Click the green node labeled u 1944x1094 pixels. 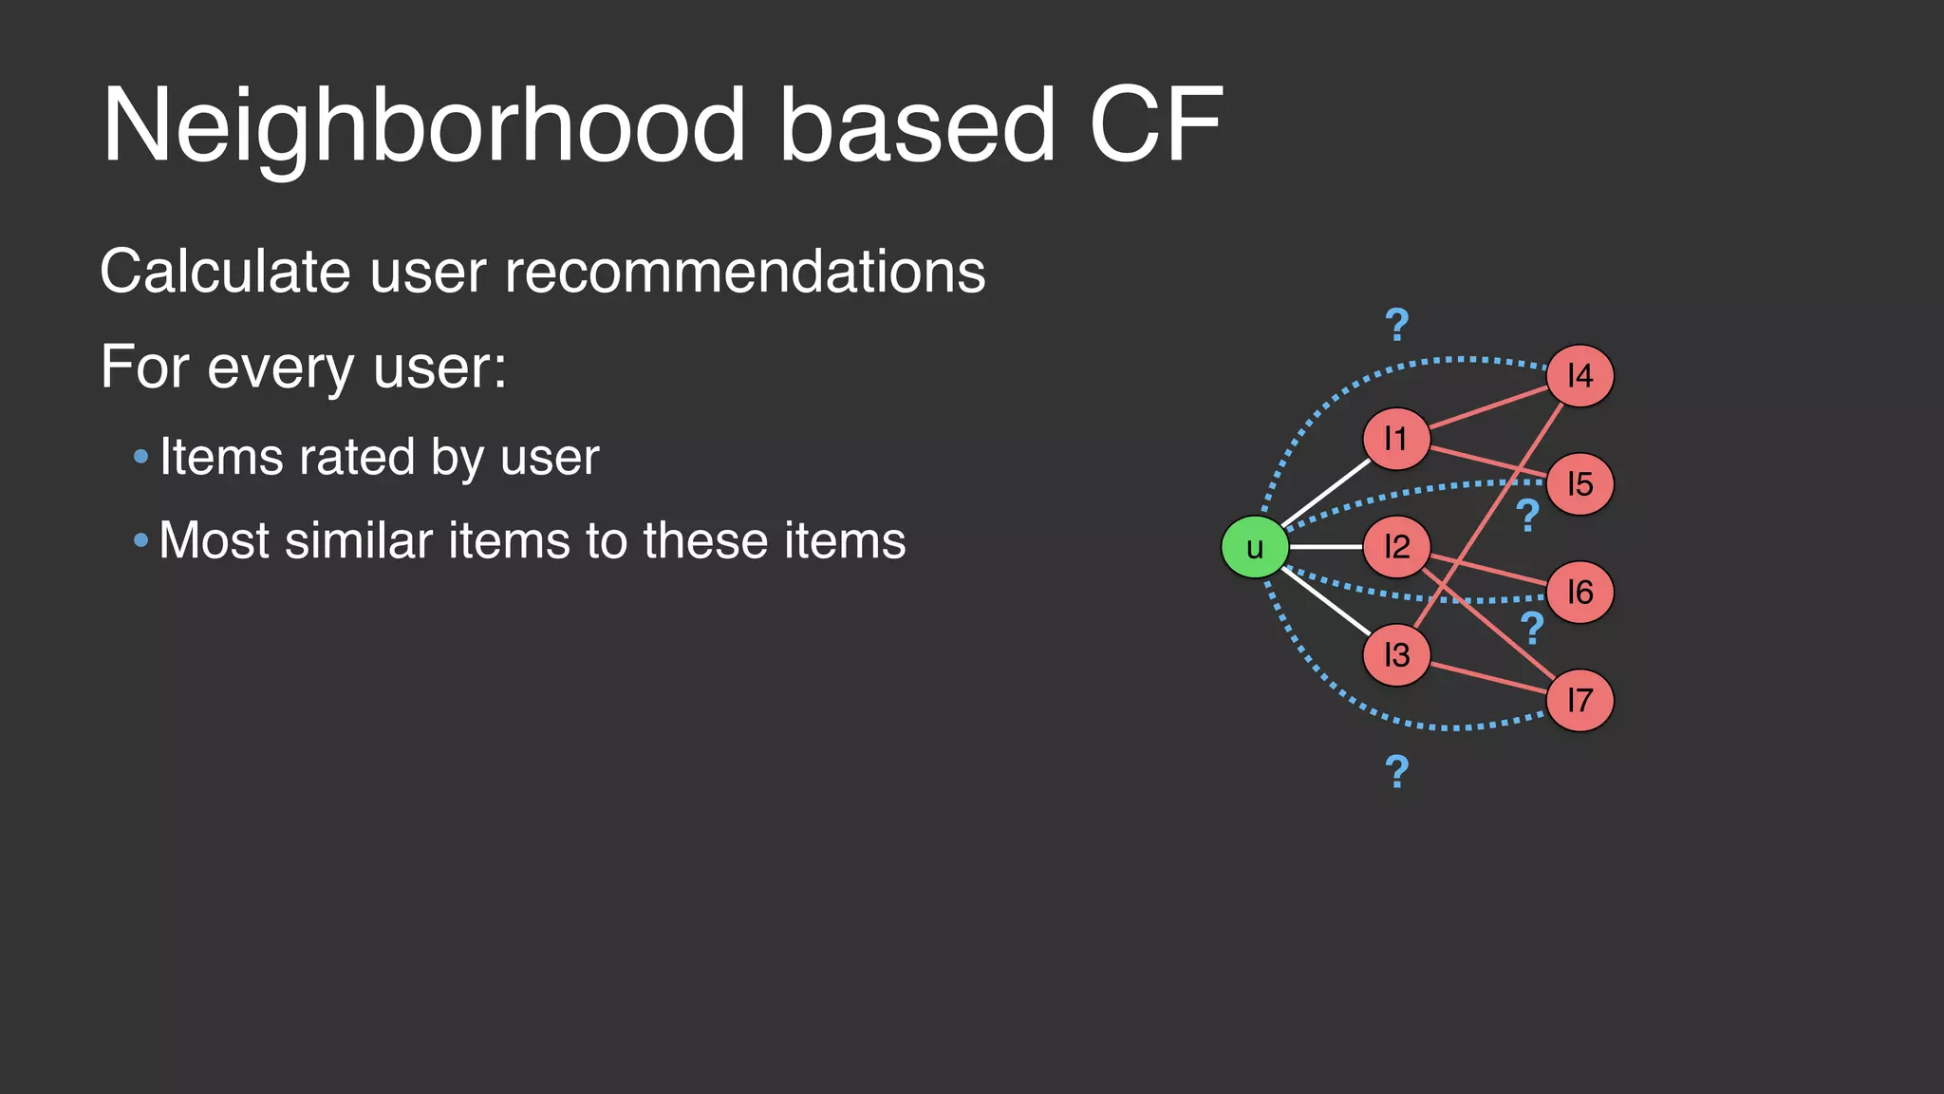tap(1254, 547)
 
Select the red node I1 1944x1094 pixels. tap(1395, 439)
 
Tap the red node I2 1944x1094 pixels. tap(1395, 547)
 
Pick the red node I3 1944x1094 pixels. tap(1395, 655)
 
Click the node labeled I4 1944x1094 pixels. tap(1579, 376)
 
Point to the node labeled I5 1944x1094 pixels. tap(1579, 484)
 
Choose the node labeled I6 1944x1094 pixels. tap(1579, 593)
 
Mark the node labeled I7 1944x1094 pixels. tap(1579, 701)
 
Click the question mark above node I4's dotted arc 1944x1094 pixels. tap(1397, 326)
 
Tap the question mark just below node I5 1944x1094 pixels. tap(1527, 516)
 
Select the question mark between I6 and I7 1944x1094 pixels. tap(1532, 629)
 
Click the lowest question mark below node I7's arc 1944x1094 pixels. tap(1396, 772)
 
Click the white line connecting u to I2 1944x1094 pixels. tap(1326, 547)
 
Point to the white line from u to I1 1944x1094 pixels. tap(1326, 493)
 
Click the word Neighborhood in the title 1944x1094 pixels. tap(423, 125)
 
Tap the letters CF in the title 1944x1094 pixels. tap(1155, 125)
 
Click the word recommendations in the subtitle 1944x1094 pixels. tap(745, 272)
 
